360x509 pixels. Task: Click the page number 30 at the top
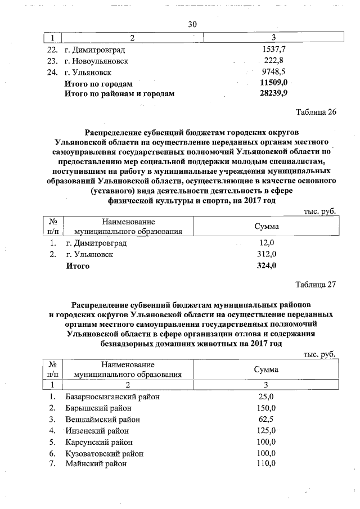(192, 24)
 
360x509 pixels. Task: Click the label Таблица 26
(316, 111)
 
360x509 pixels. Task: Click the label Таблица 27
(316, 284)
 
